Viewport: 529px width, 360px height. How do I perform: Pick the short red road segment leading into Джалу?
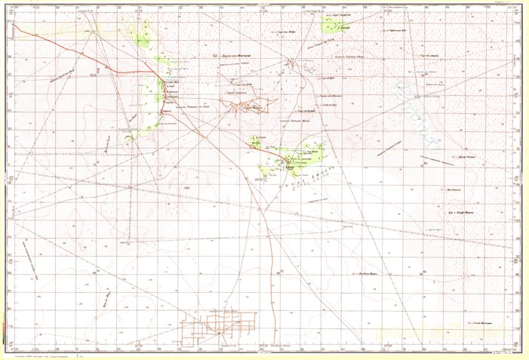268,152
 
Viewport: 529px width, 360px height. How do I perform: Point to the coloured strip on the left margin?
2,181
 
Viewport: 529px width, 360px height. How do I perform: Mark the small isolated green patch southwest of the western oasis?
131,137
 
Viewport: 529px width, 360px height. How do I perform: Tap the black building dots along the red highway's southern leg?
161,91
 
